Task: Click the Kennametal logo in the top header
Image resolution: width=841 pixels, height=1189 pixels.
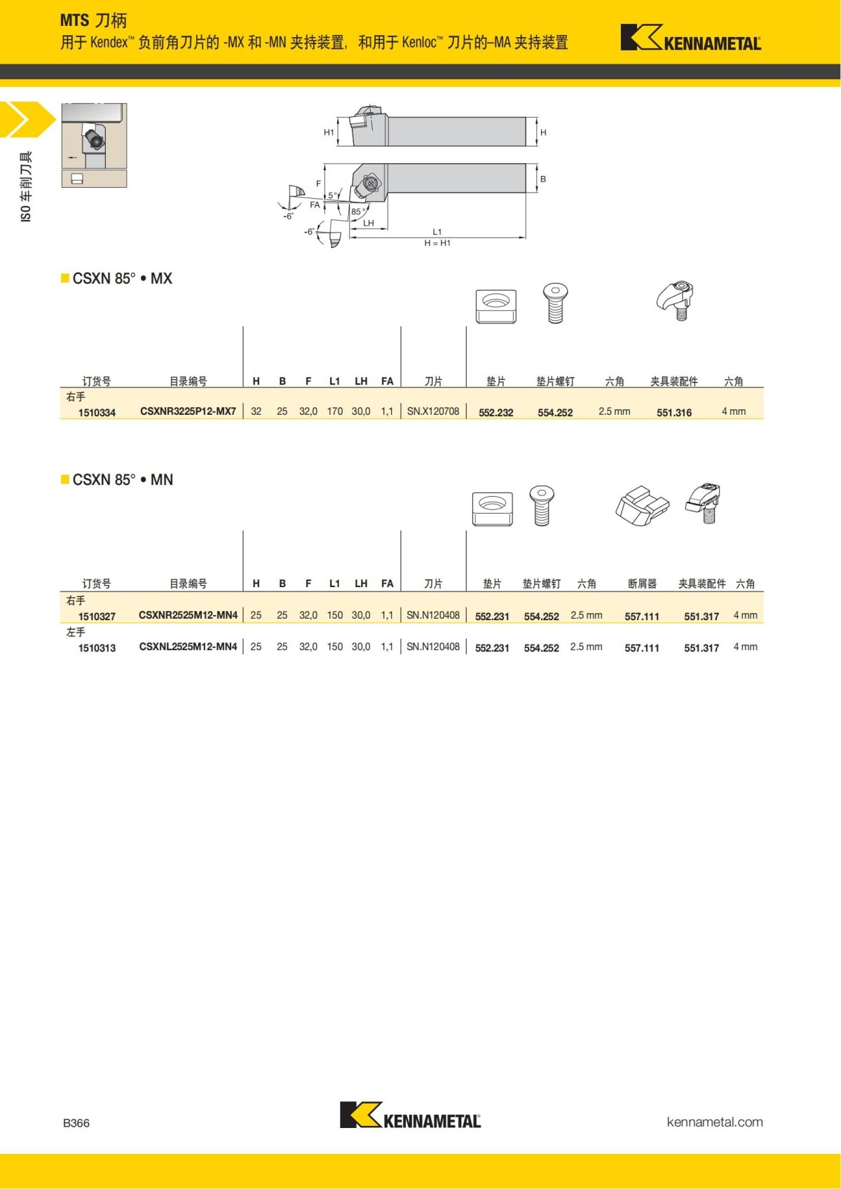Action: pos(690,38)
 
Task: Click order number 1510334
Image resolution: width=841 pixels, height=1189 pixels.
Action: pos(97,413)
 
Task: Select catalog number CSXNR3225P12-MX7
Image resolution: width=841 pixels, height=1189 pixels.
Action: pos(188,411)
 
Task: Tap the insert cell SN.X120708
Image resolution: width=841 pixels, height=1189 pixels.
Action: pos(433,411)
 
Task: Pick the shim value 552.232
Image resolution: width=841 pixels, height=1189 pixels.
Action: pos(495,413)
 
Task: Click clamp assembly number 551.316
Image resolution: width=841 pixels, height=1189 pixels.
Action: pos(674,413)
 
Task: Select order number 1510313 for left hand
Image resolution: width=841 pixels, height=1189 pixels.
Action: pos(97,648)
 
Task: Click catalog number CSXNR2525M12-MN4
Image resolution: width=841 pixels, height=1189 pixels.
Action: pos(188,615)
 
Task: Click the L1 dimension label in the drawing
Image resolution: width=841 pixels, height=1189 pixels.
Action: pos(437,232)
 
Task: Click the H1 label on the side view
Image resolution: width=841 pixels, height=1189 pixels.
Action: pos(329,132)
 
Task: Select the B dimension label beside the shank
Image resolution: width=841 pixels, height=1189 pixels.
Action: pos(543,179)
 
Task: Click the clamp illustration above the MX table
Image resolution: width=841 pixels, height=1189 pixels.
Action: pos(676,301)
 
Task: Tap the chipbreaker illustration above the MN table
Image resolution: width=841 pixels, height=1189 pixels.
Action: pos(642,504)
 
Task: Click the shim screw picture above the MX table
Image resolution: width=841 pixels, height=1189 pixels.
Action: pos(555,303)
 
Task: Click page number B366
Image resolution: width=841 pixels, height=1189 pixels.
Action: pos(76,1123)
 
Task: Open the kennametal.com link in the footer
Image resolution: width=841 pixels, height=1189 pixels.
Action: pos(714,1122)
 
